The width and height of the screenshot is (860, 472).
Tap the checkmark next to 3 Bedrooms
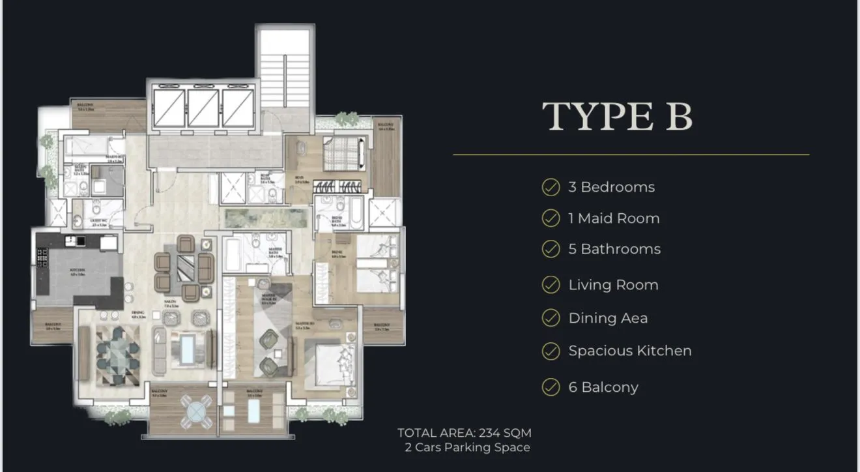(551, 187)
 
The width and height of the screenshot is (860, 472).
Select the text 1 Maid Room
(614, 218)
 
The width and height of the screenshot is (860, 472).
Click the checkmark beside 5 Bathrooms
(551, 249)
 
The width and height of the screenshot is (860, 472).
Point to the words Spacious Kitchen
(629, 351)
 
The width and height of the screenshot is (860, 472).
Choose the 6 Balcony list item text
(603, 387)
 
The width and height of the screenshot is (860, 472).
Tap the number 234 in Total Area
(489, 433)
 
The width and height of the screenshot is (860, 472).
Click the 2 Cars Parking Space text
(467, 447)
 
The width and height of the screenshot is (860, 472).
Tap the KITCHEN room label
(78, 269)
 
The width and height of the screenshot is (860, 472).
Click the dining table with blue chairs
(118, 351)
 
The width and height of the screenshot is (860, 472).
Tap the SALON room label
(171, 305)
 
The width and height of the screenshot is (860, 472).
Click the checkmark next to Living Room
(551, 285)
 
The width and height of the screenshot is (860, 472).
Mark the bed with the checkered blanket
(342, 156)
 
